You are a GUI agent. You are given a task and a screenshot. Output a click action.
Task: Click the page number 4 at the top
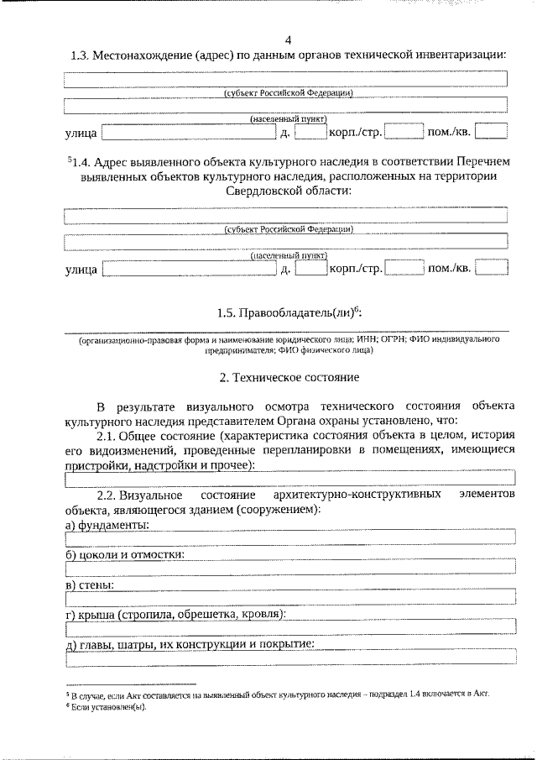[x=288, y=40]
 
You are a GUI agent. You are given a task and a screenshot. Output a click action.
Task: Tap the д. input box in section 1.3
[x=310, y=132]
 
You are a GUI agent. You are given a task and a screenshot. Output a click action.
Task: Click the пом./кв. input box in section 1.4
[x=492, y=269]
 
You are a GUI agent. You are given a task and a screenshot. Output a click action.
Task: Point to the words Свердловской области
[x=288, y=191]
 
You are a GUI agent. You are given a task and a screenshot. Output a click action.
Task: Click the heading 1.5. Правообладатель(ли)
[x=288, y=313]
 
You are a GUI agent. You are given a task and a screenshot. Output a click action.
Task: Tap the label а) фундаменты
[x=107, y=525]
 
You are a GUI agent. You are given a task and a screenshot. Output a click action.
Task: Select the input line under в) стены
[x=287, y=598]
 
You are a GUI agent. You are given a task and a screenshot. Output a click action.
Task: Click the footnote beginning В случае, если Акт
[x=277, y=694]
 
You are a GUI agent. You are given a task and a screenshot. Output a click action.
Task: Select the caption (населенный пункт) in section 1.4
[x=288, y=255]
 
